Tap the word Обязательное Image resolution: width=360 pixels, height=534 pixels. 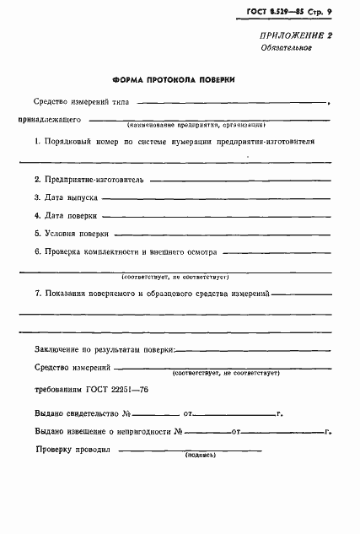[287, 48]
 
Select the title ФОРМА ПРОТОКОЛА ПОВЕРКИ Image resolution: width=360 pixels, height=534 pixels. [174, 82]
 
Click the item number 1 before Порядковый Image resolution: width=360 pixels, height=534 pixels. [38, 142]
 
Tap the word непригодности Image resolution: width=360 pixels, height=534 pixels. [135, 432]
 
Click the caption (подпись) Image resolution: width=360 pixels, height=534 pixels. [200, 453]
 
